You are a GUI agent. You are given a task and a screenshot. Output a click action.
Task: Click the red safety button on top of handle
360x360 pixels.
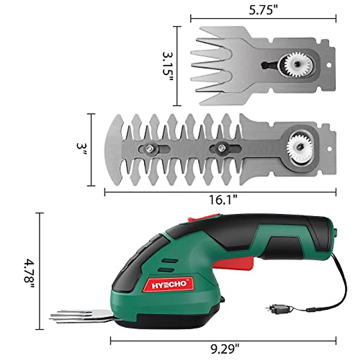(x=204, y=217)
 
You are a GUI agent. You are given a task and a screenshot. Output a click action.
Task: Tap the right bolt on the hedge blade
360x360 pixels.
(x=221, y=148)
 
